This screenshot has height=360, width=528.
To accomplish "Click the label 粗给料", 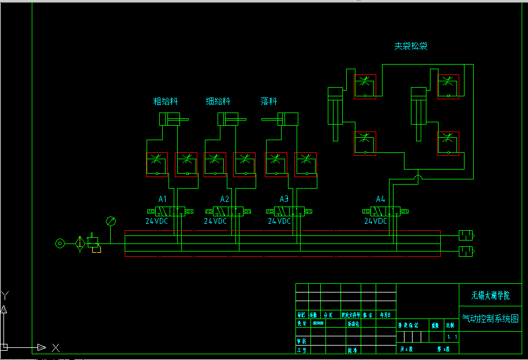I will point(165,102).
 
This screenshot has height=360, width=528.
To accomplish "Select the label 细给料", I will point(218,102).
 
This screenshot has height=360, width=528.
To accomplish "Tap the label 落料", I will point(269,102).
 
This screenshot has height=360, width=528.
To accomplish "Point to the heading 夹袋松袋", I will point(411,46).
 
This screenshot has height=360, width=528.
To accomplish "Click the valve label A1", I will point(163,199).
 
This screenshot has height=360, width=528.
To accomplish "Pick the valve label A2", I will point(224,199).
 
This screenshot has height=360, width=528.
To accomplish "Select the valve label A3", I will point(284,199).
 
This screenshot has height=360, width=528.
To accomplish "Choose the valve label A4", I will point(380,199).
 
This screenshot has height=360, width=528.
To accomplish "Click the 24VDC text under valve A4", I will point(376,221).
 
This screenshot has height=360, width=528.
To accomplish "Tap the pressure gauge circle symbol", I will point(111,221).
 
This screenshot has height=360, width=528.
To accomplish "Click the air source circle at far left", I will point(60,243).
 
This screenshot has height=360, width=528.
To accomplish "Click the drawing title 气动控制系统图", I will point(490,318).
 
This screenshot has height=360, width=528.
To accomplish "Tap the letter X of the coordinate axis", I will point(55,348).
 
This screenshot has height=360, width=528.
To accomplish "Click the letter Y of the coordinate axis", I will point(5,296).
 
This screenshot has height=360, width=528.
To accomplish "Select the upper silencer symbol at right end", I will point(466,234).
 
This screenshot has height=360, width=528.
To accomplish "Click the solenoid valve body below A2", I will point(228,211).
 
